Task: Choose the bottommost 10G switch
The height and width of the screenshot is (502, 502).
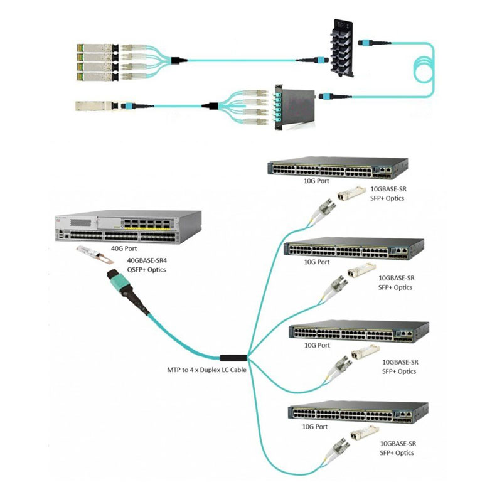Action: click(x=358, y=412)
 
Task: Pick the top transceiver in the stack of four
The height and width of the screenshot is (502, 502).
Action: click(x=94, y=48)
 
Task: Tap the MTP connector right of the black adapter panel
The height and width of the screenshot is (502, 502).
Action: click(x=367, y=43)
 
